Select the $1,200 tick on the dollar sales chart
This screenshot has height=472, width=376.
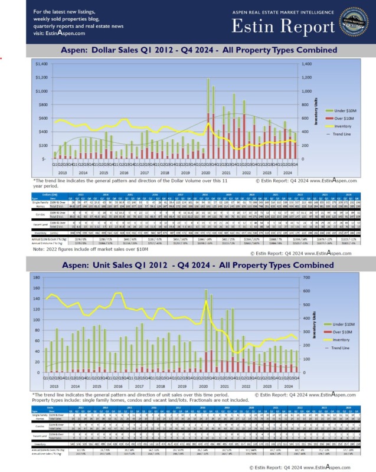41,77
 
